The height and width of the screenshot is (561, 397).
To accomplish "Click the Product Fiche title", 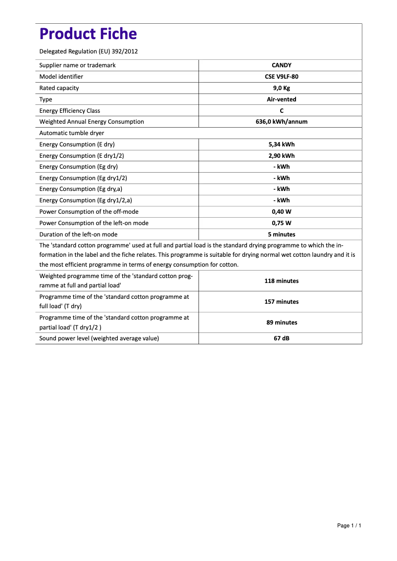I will pyautogui.click(x=88, y=34).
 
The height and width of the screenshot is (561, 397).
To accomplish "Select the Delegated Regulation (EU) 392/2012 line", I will pyautogui.click(x=88, y=51).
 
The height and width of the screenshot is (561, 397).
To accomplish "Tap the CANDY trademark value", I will pyautogui.click(x=281, y=65).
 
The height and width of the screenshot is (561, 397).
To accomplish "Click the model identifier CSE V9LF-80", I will pyautogui.click(x=281, y=77).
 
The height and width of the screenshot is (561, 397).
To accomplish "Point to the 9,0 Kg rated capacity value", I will pyautogui.click(x=281, y=88).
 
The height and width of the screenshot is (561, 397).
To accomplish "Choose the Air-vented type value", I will pyautogui.click(x=281, y=99).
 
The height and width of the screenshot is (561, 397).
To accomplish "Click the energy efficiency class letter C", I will pyautogui.click(x=281, y=111).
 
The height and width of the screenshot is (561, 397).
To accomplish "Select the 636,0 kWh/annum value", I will pyautogui.click(x=281, y=122).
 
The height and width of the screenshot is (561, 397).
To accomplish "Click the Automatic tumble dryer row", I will pyautogui.click(x=72, y=133).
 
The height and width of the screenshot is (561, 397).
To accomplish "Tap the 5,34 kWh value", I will pyautogui.click(x=281, y=144).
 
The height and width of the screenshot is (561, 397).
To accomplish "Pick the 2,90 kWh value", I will pyautogui.click(x=281, y=156).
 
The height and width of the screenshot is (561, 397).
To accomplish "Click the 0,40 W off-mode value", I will pyautogui.click(x=281, y=212).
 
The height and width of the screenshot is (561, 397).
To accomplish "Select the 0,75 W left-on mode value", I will pyautogui.click(x=281, y=223).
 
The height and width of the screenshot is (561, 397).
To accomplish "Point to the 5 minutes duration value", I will pyautogui.click(x=281, y=234).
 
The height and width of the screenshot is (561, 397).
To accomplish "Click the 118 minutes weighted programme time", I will pyautogui.click(x=281, y=281).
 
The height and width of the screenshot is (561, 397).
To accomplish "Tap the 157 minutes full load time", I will pyautogui.click(x=281, y=302).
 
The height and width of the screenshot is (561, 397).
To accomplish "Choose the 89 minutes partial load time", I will pyautogui.click(x=281, y=323).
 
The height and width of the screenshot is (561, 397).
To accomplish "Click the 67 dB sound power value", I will pyautogui.click(x=281, y=338).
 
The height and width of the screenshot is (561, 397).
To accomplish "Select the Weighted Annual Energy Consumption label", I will pyautogui.click(x=92, y=122).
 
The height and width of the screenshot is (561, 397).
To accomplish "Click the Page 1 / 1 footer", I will pyautogui.click(x=349, y=525).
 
